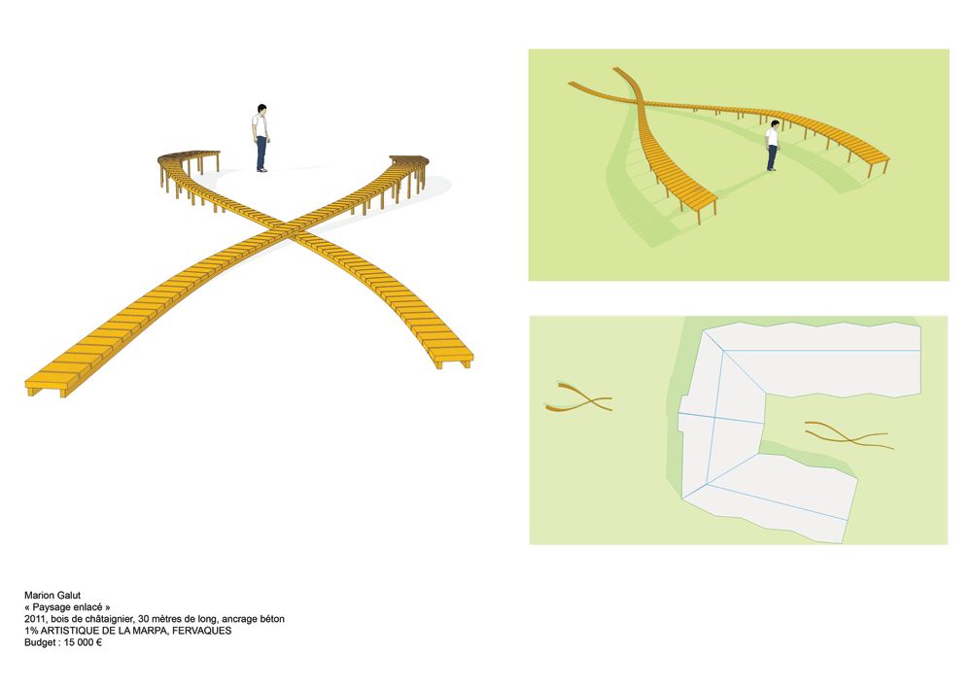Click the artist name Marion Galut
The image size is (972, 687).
pyautogui.click(x=52, y=596)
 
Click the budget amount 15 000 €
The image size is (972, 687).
pyautogui.click(x=83, y=642)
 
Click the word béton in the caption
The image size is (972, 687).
pyautogui.click(x=272, y=619)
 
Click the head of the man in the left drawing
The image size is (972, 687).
pyautogui.click(x=261, y=110)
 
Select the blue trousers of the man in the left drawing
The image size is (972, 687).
pyautogui.click(x=261, y=153)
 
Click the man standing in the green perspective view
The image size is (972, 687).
pyautogui.click(x=772, y=146)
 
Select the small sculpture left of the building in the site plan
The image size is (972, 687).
pyautogui.click(x=578, y=397)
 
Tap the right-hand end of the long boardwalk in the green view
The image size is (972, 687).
pyautogui.click(x=881, y=158)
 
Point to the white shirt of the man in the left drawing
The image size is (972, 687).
pyautogui.click(x=260, y=125)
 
